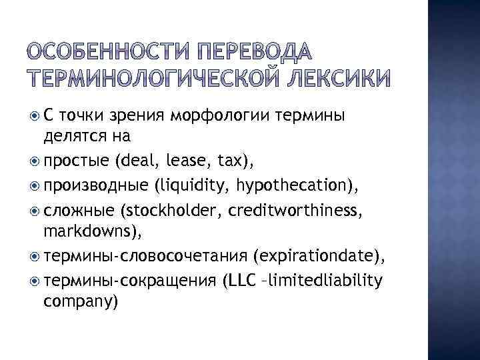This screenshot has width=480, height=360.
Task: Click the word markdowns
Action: [x=86, y=232]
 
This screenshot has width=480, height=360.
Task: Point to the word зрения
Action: [x=139, y=115]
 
